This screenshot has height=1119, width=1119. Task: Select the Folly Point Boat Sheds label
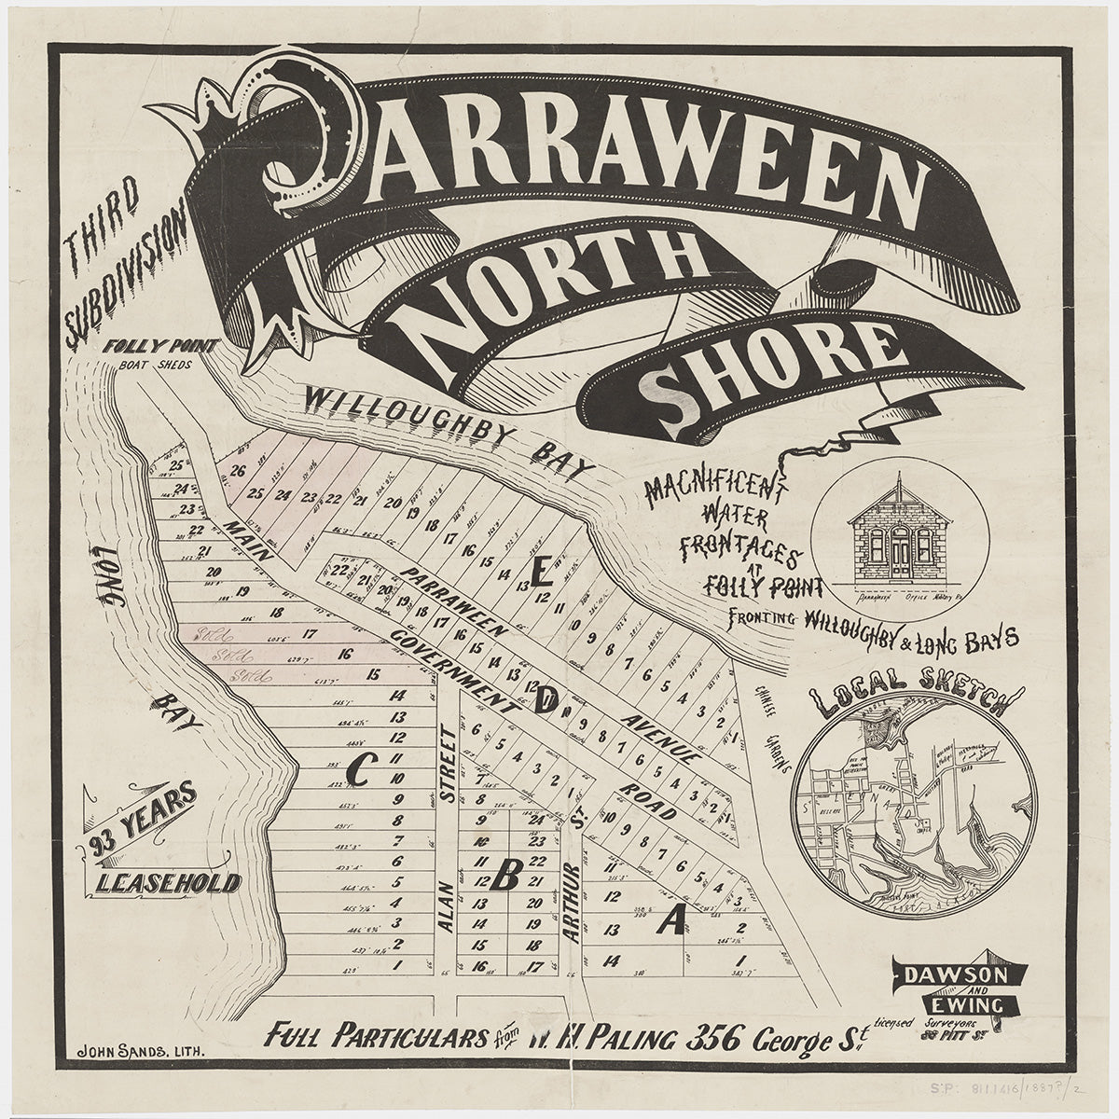pyautogui.click(x=163, y=355)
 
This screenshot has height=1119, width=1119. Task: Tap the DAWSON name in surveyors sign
pyautogui.click(x=960, y=976)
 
